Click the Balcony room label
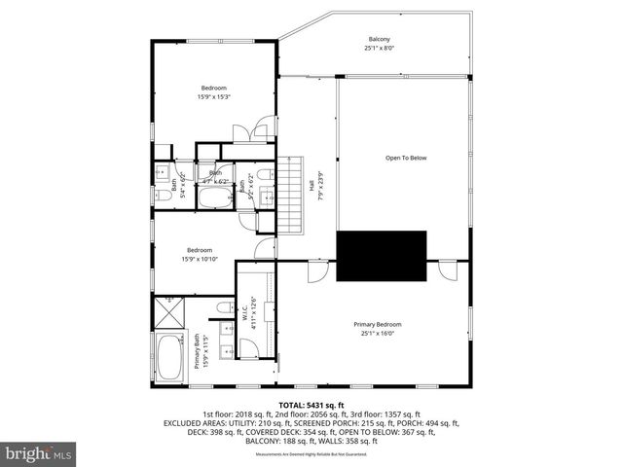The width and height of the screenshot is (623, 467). click(378, 39)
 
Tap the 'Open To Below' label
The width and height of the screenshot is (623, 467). click(406, 158)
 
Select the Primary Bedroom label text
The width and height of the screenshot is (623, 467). click(377, 324)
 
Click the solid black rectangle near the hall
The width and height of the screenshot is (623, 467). click(382, 256)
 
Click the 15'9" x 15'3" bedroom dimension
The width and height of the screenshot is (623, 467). click(213, 96)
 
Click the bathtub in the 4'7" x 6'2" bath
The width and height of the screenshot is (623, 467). click(214, 198)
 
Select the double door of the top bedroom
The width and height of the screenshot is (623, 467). click(257, 133)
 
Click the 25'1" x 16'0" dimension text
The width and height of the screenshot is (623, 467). click(377, 333)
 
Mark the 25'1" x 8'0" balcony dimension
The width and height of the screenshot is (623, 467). click(378, 48)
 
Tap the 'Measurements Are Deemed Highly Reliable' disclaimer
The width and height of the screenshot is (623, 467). click(311, 454)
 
